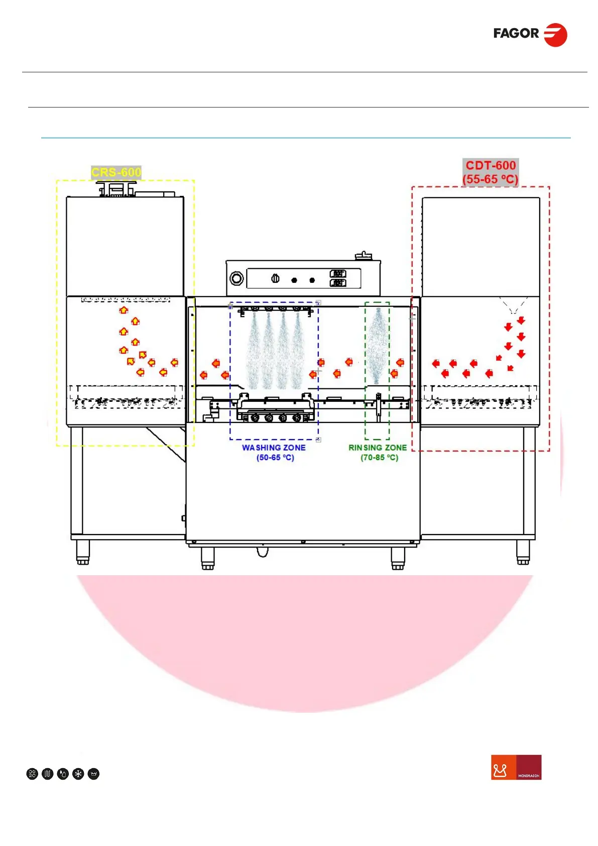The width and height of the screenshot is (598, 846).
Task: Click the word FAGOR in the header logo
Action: [x=516, y=34]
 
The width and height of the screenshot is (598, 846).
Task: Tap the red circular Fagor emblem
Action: [x=556, y=35]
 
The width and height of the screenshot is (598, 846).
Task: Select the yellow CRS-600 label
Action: [x=116, y=172]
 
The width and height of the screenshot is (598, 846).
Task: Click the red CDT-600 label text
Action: [x=491, y=165]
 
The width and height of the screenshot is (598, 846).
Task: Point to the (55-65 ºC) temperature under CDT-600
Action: [x=491, y=179]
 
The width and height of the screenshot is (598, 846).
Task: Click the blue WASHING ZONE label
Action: [x=274, y=448]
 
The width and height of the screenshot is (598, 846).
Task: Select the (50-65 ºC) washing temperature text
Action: [x=275, y=458]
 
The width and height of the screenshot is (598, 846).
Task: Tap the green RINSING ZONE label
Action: [x=378, y=448]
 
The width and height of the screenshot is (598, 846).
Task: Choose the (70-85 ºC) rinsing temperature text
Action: [x=379, y=458]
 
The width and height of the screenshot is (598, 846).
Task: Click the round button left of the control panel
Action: [x=236, y=278]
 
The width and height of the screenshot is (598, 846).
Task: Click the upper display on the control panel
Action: [x=338, y=273]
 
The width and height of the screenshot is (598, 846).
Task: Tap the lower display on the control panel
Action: [x=338, y=283]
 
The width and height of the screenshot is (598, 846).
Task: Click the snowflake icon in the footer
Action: [x=78, y=774]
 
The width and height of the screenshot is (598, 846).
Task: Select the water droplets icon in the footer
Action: [x=63, y=774]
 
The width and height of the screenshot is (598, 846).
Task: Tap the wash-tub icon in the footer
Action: [x=93, y=774]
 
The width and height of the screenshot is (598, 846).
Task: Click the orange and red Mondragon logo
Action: [x=516, y=767]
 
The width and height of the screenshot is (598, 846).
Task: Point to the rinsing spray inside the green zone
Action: [x=378, y=347]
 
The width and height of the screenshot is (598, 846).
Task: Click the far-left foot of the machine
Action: [x=83, y=553]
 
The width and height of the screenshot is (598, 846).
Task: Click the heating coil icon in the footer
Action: [x=48, y=774]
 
